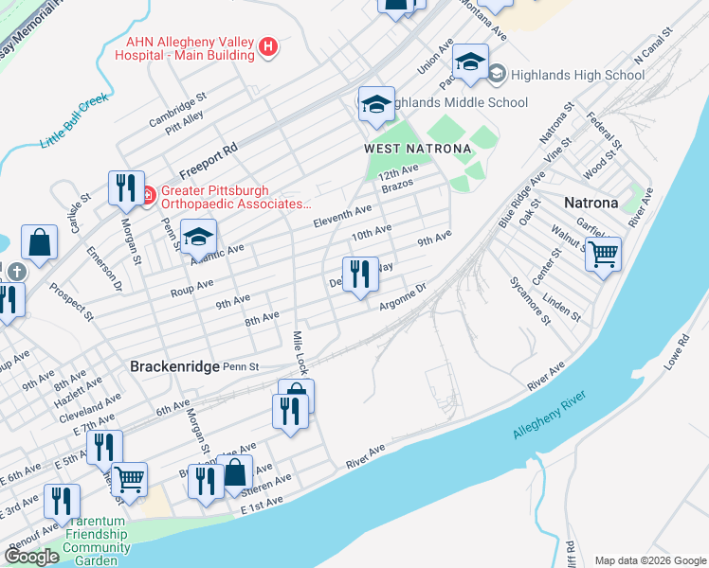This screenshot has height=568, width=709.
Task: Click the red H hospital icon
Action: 268,46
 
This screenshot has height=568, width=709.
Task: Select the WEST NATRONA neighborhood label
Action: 404,150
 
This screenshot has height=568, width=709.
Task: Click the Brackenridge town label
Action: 173,366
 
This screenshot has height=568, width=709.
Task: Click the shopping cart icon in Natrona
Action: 603,254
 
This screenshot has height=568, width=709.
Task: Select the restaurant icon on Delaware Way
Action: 360,275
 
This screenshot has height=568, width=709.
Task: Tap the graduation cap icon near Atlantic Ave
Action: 199,237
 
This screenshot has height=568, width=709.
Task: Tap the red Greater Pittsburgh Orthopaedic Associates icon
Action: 148,196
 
